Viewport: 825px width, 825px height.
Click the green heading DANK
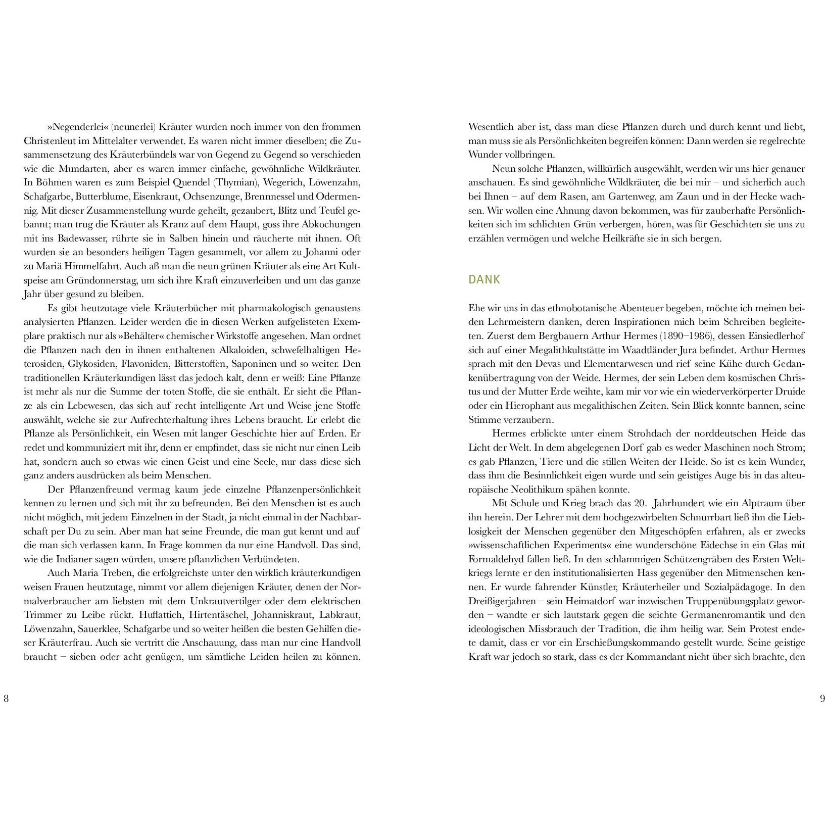[484, 280]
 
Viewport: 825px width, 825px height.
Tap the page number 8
[6, 699]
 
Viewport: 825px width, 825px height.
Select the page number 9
[822, 699]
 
